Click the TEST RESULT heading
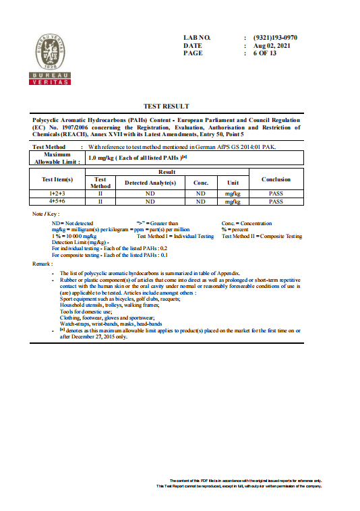tap(167, 107)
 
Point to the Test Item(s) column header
tap(57, 179)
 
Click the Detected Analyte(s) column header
tap(150, 183)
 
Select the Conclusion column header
tap(276, 179)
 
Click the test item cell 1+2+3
tap(57, 193)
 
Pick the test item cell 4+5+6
tap(57, 201)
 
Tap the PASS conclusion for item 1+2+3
tap(276, 193)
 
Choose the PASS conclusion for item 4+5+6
tap(276, 201)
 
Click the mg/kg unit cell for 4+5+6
tap(233, 202)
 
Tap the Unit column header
tap(233, 183)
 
